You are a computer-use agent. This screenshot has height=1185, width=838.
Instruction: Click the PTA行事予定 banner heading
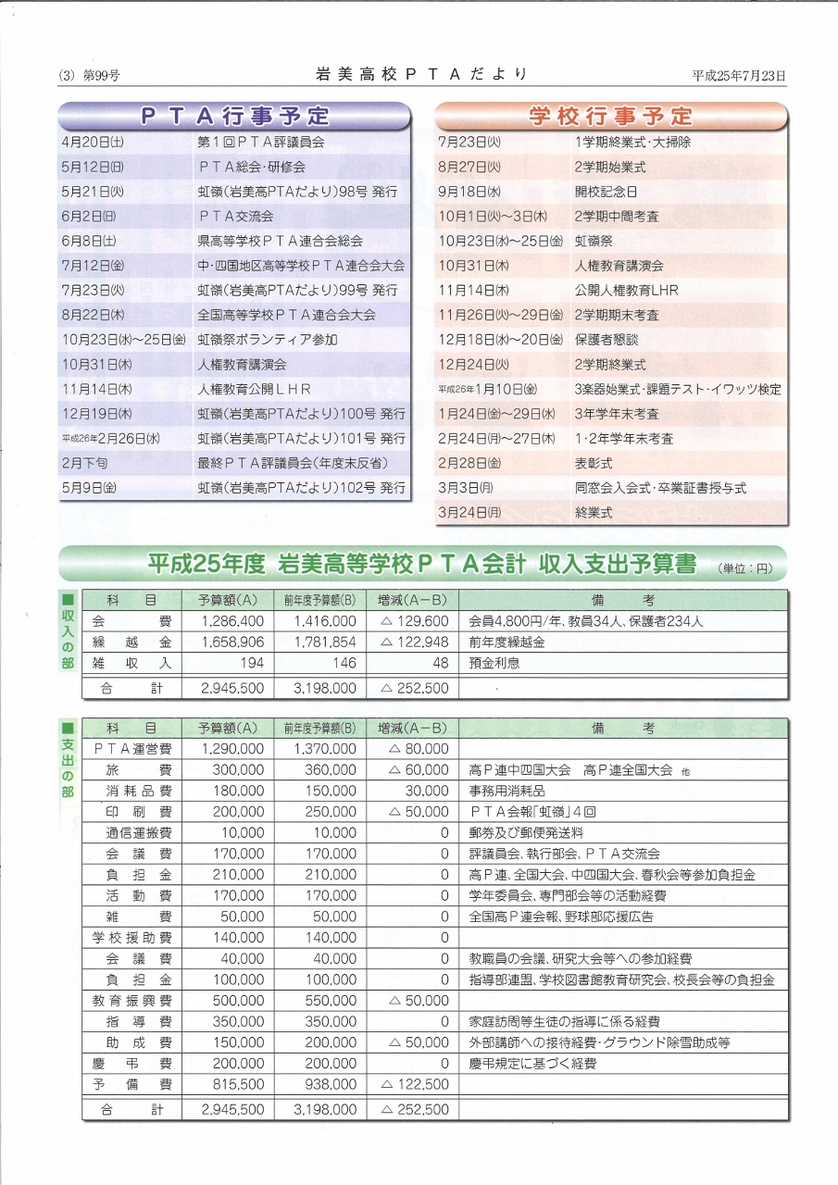(x=234, y=116)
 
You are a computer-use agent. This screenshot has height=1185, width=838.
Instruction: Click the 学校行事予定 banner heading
(x=611, y=116)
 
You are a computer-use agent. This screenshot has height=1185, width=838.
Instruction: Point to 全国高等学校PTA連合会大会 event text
(x=286, y=315)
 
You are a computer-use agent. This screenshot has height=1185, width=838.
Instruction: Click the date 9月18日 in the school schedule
(x=469, y=192)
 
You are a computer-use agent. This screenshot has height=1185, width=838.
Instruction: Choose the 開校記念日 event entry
(x=606, y=192)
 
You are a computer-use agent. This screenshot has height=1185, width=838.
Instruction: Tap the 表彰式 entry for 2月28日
(x=594, y=463)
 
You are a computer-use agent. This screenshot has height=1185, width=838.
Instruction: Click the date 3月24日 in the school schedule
(x=469, y=512)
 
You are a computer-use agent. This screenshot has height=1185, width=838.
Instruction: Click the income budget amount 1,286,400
(x=232, y=621)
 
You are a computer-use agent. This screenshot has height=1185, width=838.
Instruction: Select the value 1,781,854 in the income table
(x=324, y=642)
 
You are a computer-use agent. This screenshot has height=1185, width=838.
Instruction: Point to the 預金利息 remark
(x=494, y=663)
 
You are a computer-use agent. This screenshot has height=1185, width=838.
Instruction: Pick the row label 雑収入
(x=131, y=663)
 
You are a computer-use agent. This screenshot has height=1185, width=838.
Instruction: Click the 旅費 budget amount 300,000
(x=238, y=770)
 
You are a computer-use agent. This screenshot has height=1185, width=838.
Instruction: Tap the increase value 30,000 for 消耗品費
(x=426, y=792)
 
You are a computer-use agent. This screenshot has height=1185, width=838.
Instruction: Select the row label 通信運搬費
(x=138, y=833)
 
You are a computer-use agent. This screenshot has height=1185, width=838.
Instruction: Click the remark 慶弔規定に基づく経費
(x=532, y=1064)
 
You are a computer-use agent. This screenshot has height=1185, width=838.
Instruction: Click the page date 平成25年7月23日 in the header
(x=738, y=75)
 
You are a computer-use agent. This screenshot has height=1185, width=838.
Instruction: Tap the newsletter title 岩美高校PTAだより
(x=422, y=74)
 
